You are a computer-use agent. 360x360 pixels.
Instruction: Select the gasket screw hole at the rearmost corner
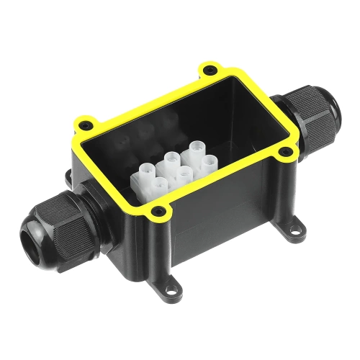tap(210, 71)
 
